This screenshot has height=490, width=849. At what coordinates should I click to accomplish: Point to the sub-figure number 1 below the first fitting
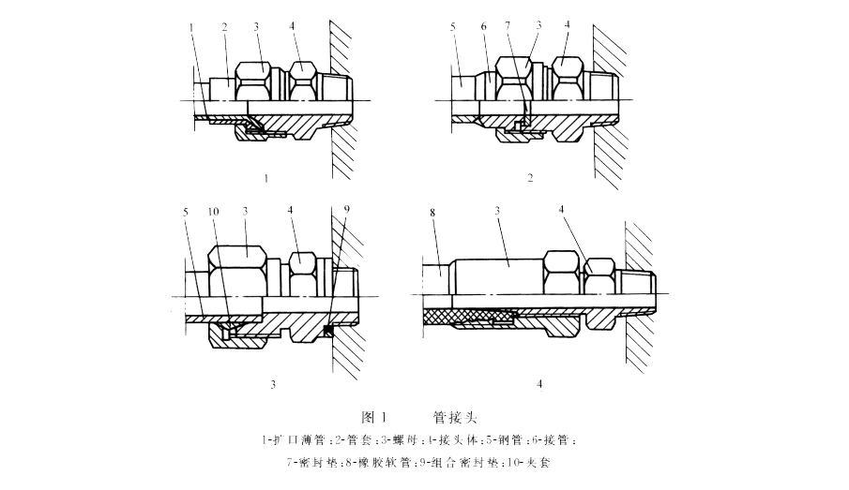point(268,175)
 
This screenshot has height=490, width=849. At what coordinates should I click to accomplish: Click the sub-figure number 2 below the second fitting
point(530,175)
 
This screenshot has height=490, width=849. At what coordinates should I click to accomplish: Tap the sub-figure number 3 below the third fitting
point(272,384)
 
